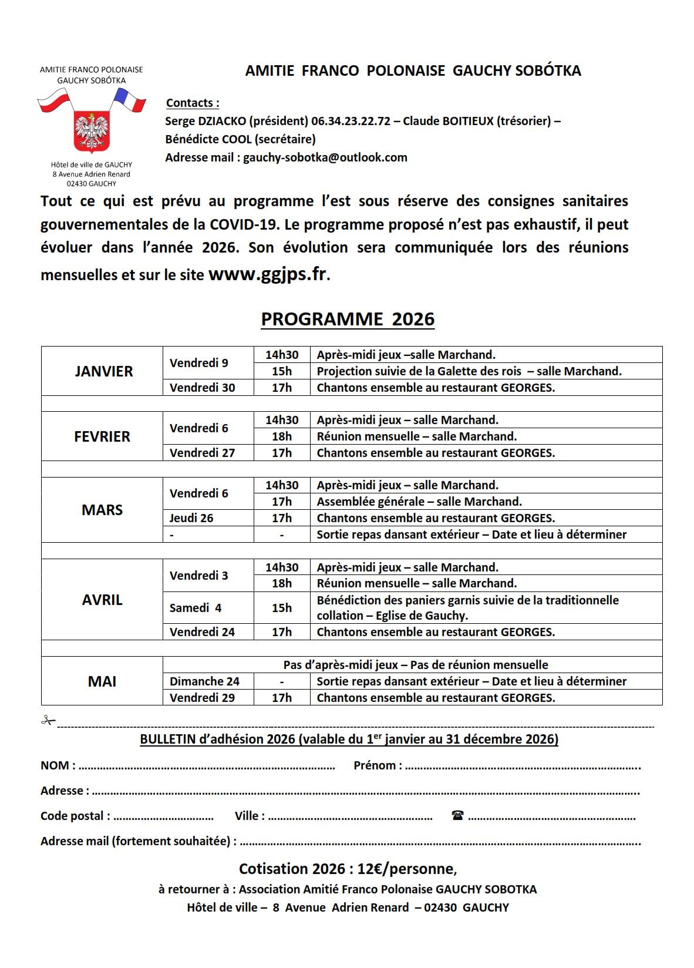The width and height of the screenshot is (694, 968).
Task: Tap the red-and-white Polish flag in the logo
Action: (55, 100)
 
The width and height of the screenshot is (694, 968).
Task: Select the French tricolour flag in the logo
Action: (130, 99)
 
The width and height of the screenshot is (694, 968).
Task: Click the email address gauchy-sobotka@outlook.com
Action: (325, 157)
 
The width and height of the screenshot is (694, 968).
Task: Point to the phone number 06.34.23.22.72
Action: (351, 121)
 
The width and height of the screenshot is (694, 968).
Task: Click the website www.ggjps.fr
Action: (267, 274)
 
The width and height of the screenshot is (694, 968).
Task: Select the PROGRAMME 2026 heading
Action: (348, 319)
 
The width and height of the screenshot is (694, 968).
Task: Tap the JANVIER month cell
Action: (103, 371)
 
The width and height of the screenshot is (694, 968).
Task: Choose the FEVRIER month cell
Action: (102, 436)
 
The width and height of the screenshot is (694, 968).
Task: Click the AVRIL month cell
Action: (102, 600)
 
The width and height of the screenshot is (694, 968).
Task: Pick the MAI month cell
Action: (102, 681)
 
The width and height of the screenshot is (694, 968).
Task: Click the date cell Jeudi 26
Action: (191, 518)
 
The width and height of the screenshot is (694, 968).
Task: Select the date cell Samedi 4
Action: (196, 608)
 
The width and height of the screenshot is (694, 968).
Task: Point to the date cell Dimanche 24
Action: (204, 681)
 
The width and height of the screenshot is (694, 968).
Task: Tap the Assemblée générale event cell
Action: (419, 502)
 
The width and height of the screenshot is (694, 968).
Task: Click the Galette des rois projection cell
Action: (469, 371)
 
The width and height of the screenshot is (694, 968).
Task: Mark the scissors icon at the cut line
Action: (48, 721)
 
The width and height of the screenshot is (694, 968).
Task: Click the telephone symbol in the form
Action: (458, 815)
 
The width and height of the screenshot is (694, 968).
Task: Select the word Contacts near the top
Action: (192, 103)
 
